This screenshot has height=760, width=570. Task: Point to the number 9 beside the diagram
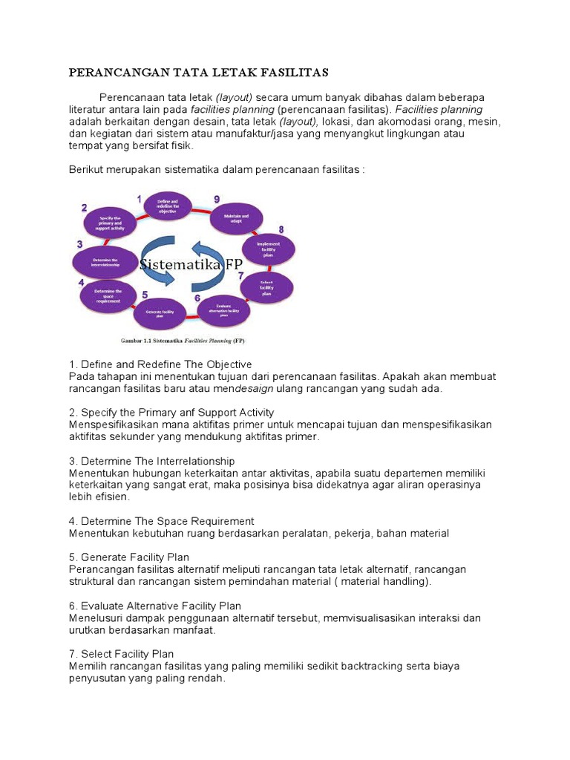click(x=216, y=199)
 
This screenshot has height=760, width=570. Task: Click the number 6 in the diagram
click(x=197, y=298)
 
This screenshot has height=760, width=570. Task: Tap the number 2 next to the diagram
click(x=85, y=208)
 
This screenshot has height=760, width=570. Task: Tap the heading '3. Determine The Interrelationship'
click(x=152, y=461)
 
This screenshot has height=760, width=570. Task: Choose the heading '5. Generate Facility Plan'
click(x=129, y=557)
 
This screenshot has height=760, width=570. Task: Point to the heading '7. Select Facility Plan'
click(x=122, y=653)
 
